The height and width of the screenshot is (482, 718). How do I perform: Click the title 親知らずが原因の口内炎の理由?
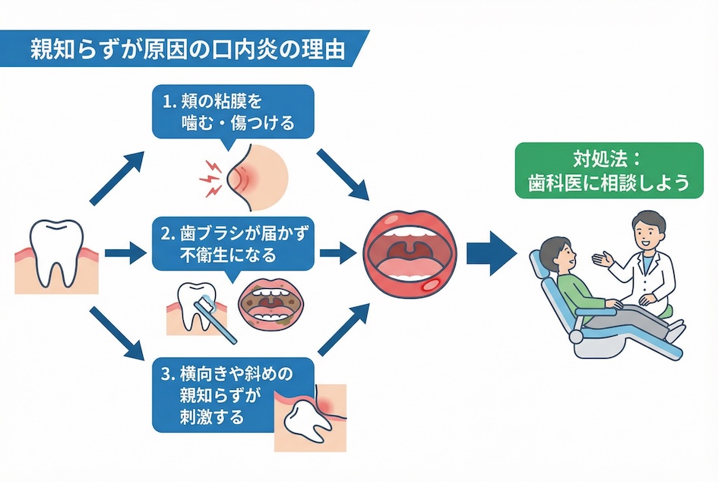(186, 49)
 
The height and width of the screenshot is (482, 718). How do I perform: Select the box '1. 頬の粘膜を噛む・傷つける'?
(232, 112)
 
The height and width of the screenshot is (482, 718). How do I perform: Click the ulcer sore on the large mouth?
(431, 287)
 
